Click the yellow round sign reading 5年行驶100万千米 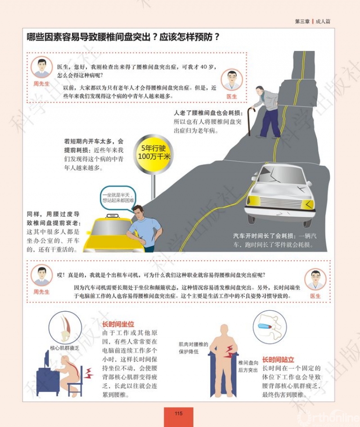pos(154,153)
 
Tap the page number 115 pos(179,413)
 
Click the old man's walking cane pos(250,121)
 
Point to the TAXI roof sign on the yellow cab pos(112,216)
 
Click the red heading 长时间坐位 pos(118,324)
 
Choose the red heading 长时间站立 pos(278,360)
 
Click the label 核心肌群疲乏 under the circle pos(65,348)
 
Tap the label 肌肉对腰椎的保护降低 pos(193,348)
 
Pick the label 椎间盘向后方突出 pos(248,366)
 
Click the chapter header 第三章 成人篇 pos(313,21)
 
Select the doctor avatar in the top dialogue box pos(232,80)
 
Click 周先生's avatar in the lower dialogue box pos(42,275)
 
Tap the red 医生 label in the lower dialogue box pos(315,296)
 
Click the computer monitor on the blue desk pos(47,359)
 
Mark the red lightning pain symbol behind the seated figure pos(89,373)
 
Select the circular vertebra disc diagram pos(270,327)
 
